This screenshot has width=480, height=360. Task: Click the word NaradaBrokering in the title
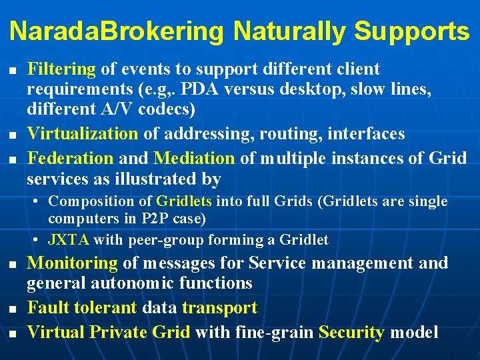[117, 31]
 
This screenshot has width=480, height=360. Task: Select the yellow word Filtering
[61, 69]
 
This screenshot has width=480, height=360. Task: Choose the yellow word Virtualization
[82, 133]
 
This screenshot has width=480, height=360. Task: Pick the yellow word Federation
[70, 159]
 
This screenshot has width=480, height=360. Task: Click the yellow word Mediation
[194, 159]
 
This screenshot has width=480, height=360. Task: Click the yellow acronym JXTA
[69, 240]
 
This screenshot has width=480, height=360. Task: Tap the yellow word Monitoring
[72, 263]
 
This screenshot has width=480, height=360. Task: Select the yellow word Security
[352, 332]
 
